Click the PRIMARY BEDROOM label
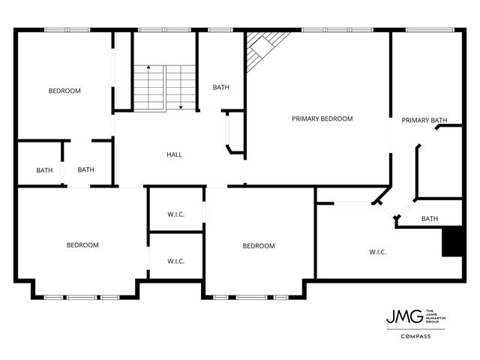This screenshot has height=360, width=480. (322, 118)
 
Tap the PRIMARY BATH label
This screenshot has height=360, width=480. (424, 120)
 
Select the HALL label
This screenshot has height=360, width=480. (174, 154)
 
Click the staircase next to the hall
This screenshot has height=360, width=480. (165, 87)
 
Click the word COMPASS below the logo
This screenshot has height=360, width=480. (414, 336)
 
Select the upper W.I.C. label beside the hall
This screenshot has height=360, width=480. (175, 214)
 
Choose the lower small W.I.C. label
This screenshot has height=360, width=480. (175, 261)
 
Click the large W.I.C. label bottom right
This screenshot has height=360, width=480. (377, 252)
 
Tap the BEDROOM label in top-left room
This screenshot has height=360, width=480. (64, 91)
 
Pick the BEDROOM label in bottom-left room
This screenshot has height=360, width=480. (82, 244)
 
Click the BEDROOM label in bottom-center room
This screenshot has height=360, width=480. (258, 246)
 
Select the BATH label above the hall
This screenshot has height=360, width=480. (220, 87)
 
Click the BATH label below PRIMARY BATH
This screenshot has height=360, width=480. (430, 219)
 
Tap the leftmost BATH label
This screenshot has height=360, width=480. (44, 170)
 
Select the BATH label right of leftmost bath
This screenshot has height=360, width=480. (85, 169)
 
